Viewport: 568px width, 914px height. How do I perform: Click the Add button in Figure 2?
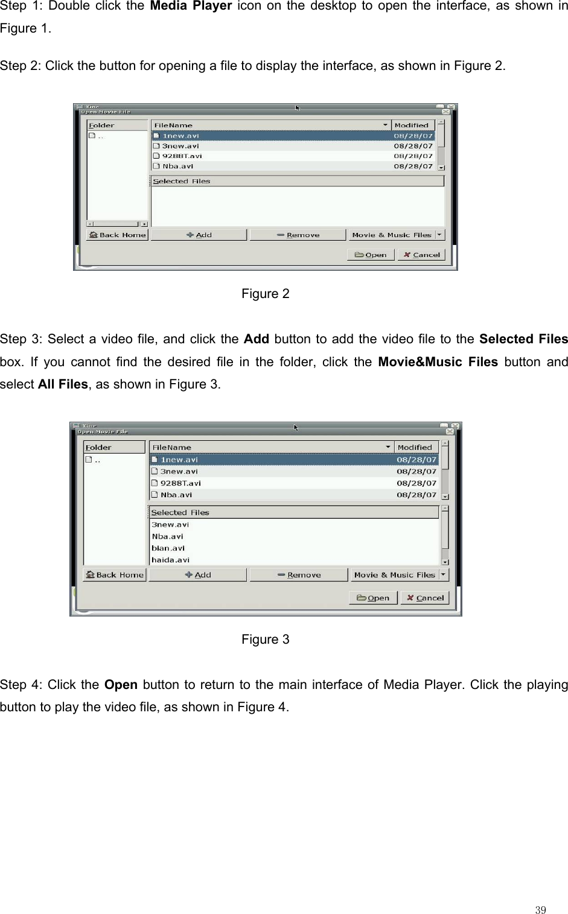199,235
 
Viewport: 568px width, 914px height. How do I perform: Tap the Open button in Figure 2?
371,255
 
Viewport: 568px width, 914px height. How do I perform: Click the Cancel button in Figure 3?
425,598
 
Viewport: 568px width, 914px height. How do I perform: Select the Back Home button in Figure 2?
117,235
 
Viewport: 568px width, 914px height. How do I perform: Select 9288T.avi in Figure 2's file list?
182,156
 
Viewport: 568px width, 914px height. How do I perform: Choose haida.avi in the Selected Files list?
170,560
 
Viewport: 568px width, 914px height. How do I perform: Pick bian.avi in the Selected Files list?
168,548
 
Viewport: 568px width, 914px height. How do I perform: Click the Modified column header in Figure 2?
412,125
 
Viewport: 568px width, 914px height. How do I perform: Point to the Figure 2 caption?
265,294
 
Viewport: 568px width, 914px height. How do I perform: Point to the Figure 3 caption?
265,639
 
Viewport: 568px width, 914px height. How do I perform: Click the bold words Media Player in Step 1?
191,7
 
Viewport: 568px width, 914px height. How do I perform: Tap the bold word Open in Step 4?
121,685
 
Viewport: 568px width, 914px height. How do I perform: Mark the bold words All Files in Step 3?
63,384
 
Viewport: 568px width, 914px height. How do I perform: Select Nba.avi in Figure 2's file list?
177,166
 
